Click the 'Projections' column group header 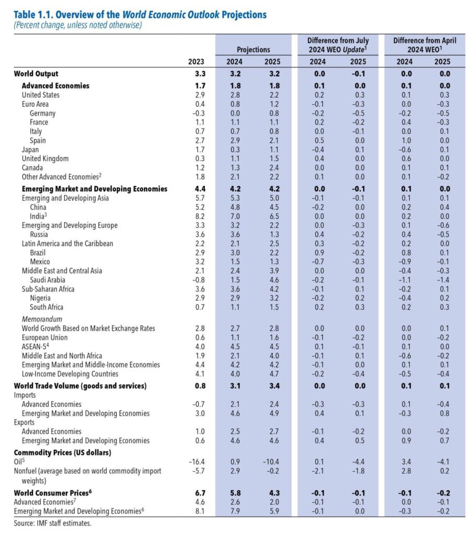(x=253, y=50)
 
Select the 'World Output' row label (x=36, y=74)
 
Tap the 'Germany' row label (x=43, y=113)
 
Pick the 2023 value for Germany (x=198, y=113)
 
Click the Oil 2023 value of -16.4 (x=196, y=461)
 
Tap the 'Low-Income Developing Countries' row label (x=70, y=373)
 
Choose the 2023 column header (x=196, y=62)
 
